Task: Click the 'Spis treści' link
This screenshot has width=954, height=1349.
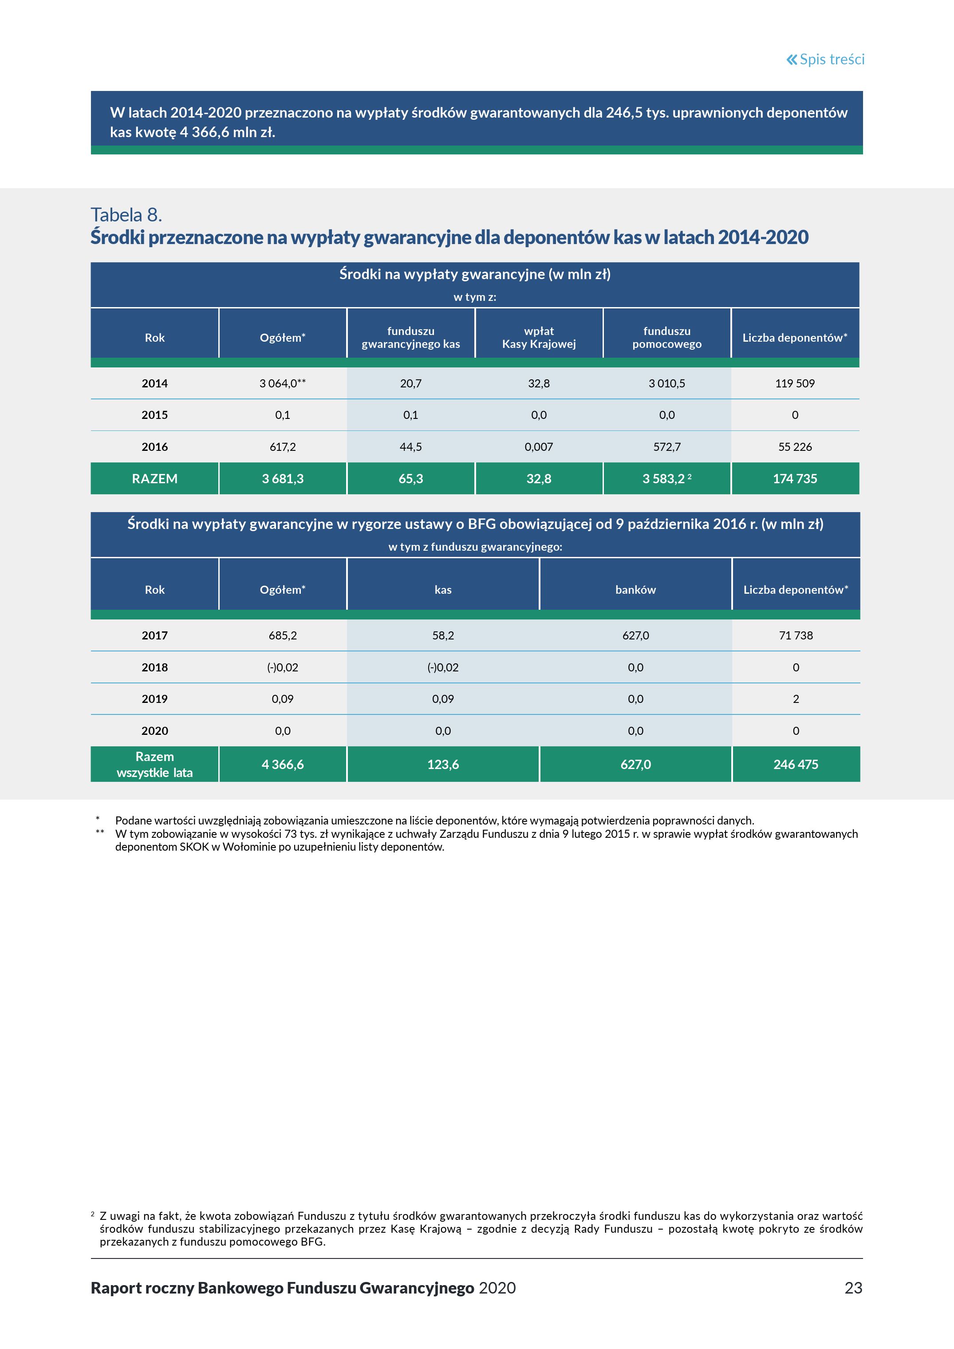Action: pyautogui.click(x=825, y=59)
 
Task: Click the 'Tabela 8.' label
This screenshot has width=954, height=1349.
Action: pyautogui.click(x=126, y=215)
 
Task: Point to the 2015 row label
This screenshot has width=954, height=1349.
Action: pyautogui.click(x=154, y=415)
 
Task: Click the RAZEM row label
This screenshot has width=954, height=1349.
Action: pyautogui.click(x=154, y=479)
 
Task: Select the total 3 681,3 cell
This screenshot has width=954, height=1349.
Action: pyautogui.click(x=283, y=479)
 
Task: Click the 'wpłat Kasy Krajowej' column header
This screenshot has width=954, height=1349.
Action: pyautogui.click(x=539, y=338)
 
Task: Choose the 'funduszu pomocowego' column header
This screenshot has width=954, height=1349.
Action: pyautogui.click(x=667, y=338)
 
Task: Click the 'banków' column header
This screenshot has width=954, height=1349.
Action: pyautogui.click(x=635, y=590)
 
